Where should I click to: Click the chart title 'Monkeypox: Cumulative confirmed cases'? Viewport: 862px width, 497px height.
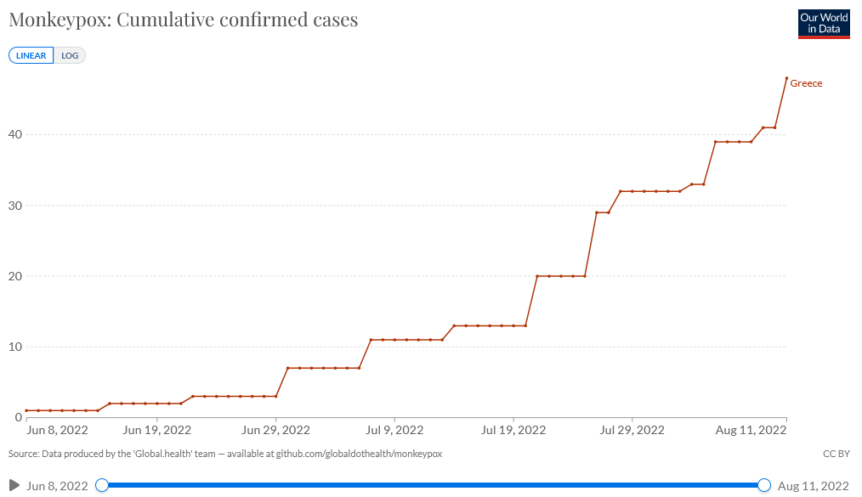pos(183,20)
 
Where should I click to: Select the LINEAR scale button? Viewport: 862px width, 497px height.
pos(31,55)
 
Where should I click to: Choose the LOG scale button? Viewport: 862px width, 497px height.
pos(70,55)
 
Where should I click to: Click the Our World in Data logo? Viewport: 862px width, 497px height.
pos(824,23)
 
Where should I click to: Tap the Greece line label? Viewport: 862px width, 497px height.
pos(806,83)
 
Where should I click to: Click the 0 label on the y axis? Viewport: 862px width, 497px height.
pos(17,417)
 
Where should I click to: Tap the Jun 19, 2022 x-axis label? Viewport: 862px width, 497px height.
pos(157,431)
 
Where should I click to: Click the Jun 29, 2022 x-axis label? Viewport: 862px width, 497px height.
pos(275,431)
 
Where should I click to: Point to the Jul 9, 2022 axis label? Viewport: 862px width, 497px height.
pos(394,431)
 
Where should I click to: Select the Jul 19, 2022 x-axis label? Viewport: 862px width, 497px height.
pos(513,431)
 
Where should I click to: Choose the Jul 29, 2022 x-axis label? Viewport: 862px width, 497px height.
pos(632,431)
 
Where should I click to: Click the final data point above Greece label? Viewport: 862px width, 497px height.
pos(786,78)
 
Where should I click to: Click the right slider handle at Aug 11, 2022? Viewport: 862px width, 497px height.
pos(763,485)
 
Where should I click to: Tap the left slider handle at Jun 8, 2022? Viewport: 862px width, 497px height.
pos(102,485)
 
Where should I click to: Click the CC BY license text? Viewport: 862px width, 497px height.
pos(836,454)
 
